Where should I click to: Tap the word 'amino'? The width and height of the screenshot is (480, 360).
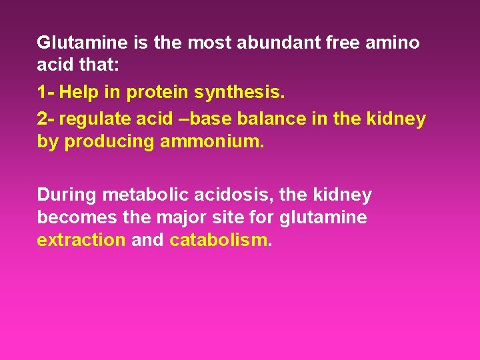(395, 43)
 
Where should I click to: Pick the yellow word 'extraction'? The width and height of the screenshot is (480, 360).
(81, 240)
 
